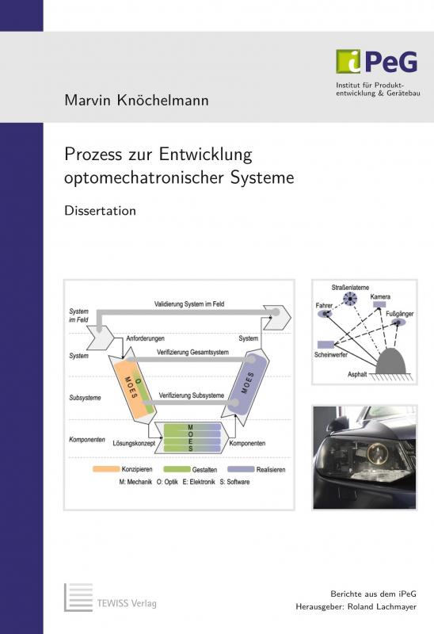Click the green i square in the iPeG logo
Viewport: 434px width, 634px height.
coord(348,62)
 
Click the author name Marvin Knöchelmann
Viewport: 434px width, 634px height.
coord(136,101)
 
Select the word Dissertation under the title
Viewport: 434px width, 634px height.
coord(101,211)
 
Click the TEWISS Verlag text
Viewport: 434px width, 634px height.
coord(127,603)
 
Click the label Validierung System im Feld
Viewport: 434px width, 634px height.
coord(189,304)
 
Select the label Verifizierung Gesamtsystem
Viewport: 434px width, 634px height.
coord(192,352)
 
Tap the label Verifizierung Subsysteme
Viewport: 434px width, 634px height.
coord(191,395)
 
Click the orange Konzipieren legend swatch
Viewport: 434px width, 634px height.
coord(106,469)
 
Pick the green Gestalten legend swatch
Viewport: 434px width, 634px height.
coord(177,469)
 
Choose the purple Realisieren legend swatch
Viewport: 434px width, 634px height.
coord(241,469)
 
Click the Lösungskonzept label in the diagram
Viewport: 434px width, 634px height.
coord(134,443)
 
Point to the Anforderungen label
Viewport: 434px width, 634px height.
coord(145,338)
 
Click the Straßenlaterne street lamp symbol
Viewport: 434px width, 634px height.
coord(350,299)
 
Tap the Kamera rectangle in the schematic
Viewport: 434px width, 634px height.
coord(379,304)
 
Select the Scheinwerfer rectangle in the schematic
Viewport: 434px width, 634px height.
coord(325,345)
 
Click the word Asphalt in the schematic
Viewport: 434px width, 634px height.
coord(357,374)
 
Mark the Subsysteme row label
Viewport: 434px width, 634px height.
coord(85,398)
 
